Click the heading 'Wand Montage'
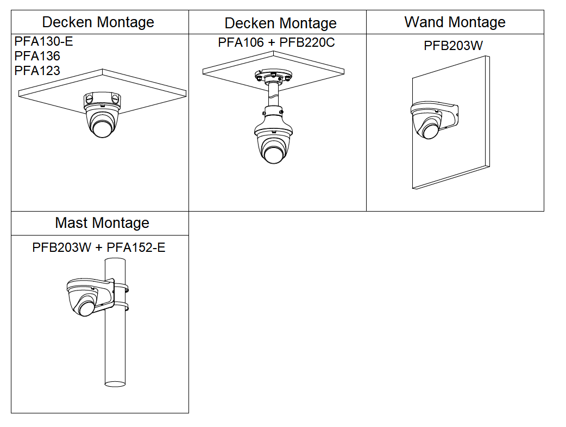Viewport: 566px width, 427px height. coord(455,22)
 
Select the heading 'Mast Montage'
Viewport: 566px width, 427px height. coord(102,223)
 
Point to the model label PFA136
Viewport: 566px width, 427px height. coord(37,56)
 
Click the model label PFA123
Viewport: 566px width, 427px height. coord(37,70)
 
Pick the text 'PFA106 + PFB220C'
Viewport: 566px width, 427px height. coord(276,42)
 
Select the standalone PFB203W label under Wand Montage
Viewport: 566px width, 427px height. coord(453,46)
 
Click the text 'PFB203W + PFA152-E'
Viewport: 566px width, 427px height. coord(99,247)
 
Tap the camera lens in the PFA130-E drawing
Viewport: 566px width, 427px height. coord(102,128)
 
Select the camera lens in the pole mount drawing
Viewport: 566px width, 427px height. coord(86,308)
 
